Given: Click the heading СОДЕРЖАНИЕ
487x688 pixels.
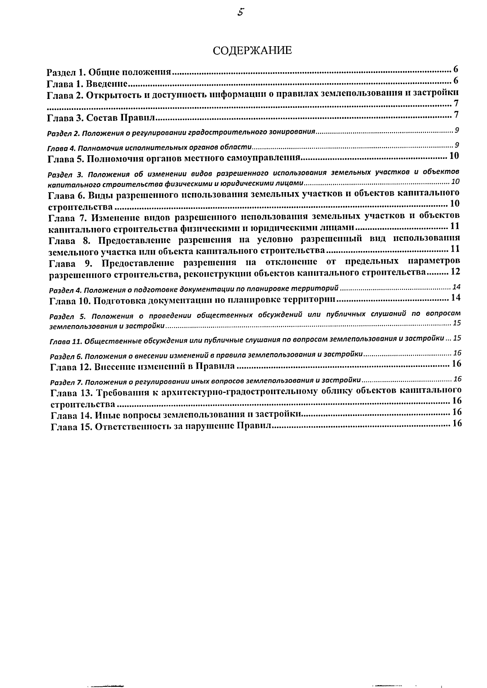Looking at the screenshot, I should point(252,51).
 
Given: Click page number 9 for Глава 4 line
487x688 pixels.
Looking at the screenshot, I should point(457,145).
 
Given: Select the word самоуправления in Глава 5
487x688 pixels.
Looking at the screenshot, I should point(259,158).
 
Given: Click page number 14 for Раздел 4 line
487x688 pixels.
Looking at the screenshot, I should point(456,287).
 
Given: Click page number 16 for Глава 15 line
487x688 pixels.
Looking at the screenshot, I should point(457,423).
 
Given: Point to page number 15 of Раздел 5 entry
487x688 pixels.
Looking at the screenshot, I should point(457,323).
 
